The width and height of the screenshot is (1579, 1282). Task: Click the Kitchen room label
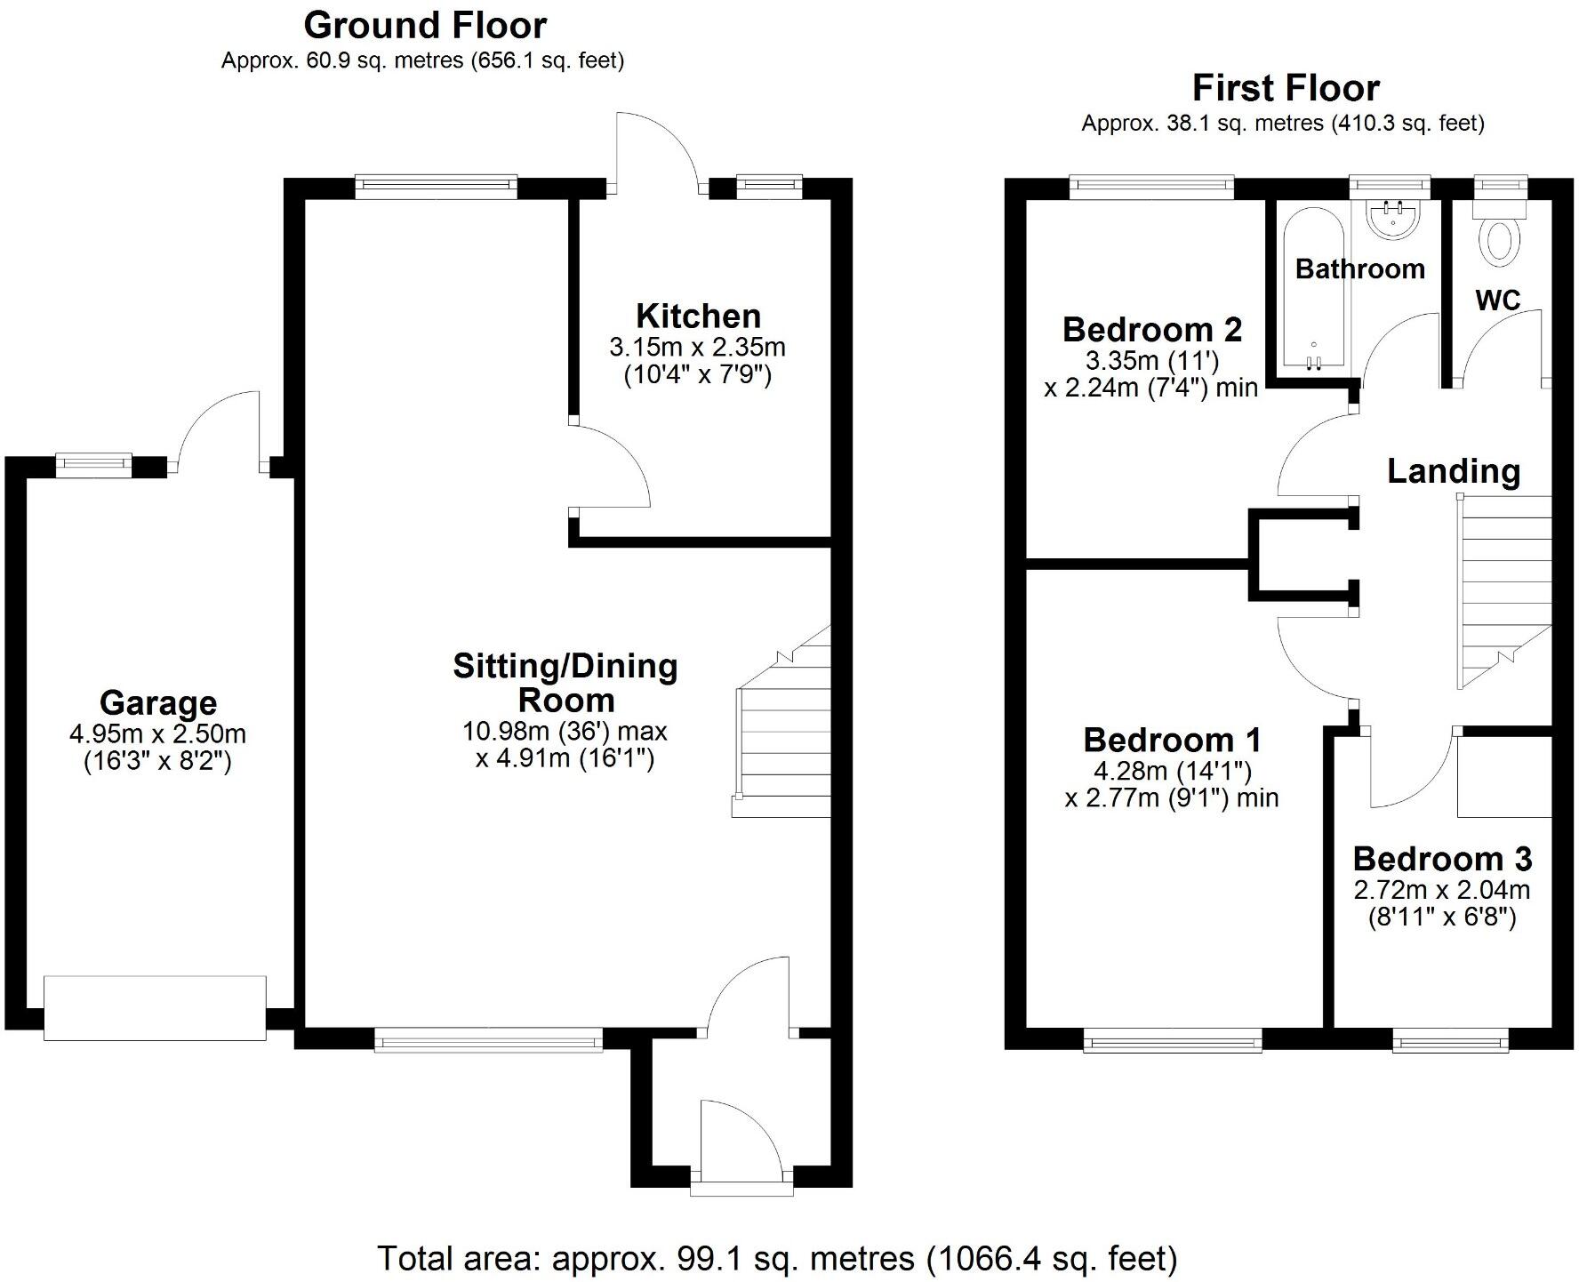[x=698, y=316]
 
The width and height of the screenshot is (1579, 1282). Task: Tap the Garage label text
[x=158, y=702]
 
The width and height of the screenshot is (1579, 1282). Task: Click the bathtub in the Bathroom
[x=1313, y=289]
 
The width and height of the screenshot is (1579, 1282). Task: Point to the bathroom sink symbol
[x=1392, y=219]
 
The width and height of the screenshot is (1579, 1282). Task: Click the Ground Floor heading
[x=425, y=26]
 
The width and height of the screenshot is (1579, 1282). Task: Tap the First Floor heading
[x=1285, y=88]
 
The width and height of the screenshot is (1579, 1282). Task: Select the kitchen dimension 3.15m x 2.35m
[x=697, y=347]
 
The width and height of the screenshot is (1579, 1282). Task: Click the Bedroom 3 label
[x=1442, y=859]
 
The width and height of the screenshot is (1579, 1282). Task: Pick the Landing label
[x=1454, y=470]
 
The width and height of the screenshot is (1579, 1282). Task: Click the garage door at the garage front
[x=155, y=1008]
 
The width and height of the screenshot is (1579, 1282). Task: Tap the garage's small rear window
[x=93, y=462]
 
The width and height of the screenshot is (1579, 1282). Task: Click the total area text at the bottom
[x=777, y=1259]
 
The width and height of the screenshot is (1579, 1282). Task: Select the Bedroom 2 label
[x=1151, y=330]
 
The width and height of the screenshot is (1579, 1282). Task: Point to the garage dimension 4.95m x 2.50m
[x=157, y=734]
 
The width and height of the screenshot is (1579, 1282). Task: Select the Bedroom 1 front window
[x=1172, y=1039]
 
